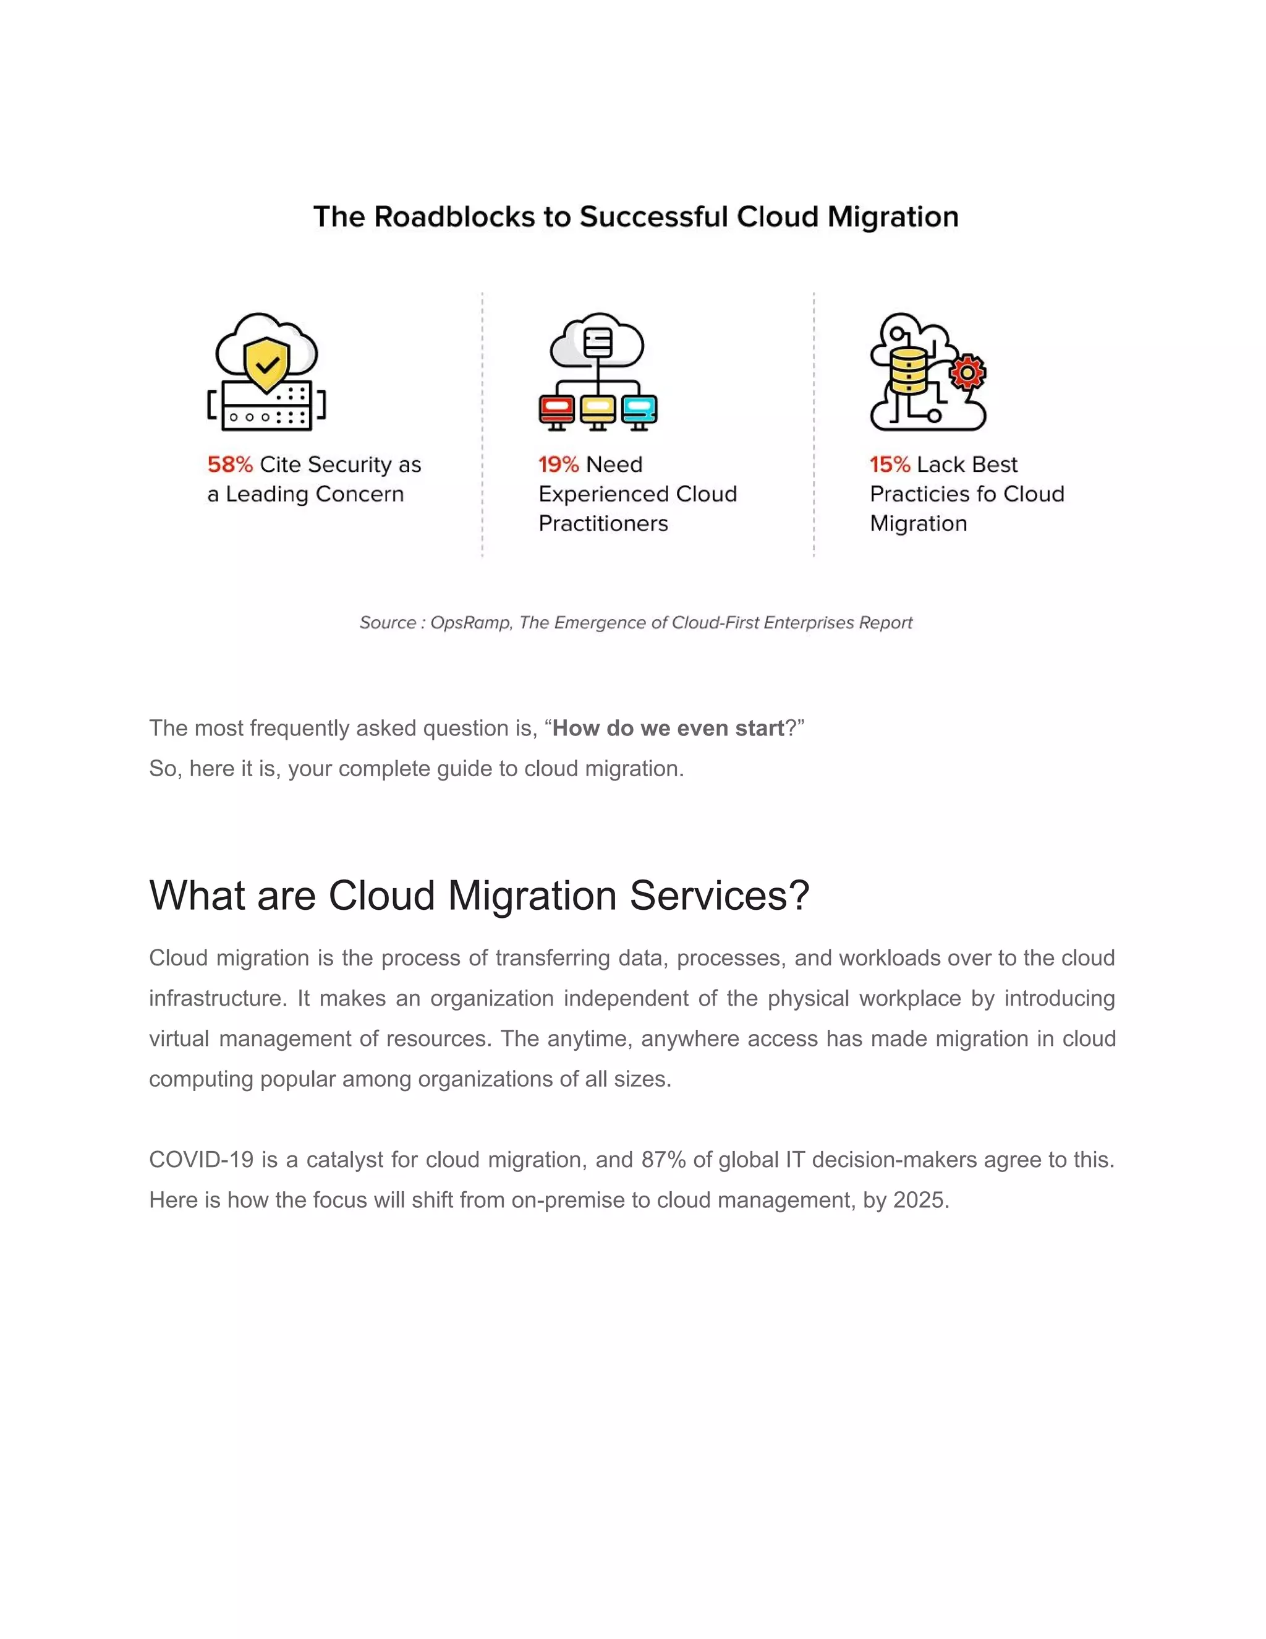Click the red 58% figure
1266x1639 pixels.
click(229, 464)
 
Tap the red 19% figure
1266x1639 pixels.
click(558, 464)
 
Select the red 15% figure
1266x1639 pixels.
click(890, 464)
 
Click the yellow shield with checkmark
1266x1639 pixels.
click(266, 364)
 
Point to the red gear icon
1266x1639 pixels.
click(967, 372)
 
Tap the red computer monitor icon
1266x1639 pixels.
click(556, 409)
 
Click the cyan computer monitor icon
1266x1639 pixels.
click(639, 409)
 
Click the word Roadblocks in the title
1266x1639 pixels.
click(454, 217)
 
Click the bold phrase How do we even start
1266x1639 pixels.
click(668, 728)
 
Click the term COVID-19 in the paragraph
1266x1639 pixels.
click(201, 1160)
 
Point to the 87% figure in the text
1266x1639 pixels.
click(663, 1160)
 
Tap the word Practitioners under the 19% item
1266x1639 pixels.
click(603, 523)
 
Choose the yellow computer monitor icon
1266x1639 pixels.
click(598, 409)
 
